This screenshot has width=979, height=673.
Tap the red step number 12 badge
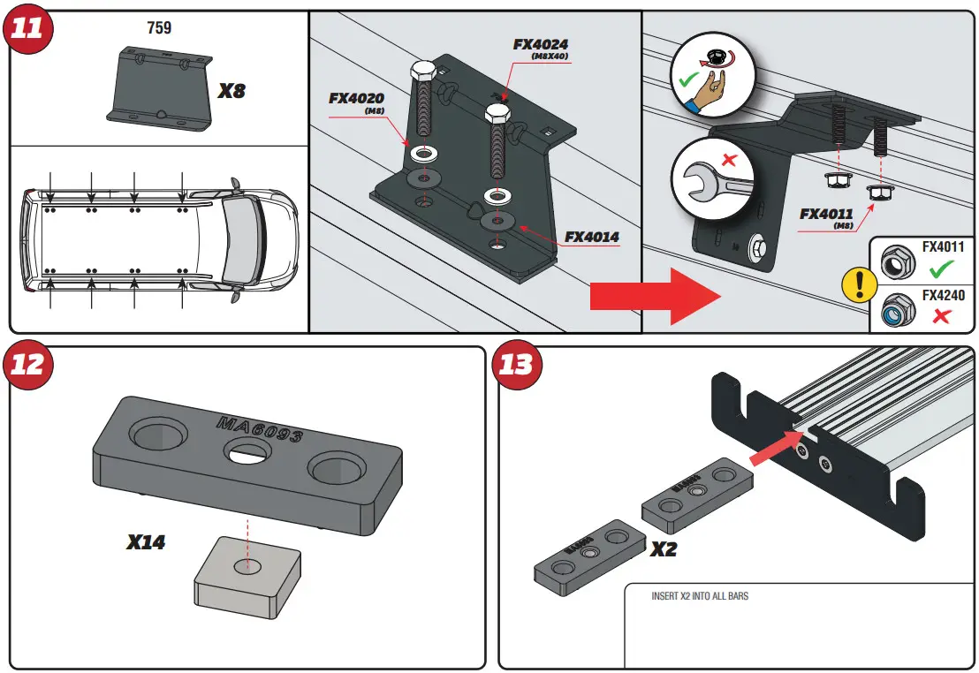click(27, 364)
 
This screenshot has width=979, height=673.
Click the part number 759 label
click(159, 27)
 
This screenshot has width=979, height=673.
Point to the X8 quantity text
click(231, 90)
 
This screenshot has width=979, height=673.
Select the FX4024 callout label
click(541, 43)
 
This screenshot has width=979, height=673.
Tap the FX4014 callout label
click(592, 237)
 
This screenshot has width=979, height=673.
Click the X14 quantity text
click(146, 542)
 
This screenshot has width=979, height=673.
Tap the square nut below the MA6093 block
click(247, 574)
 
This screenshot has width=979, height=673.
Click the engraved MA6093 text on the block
click(260, 430)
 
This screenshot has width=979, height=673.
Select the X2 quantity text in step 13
click(664, 548)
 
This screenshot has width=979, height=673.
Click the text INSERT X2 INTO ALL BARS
click(700, 596)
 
